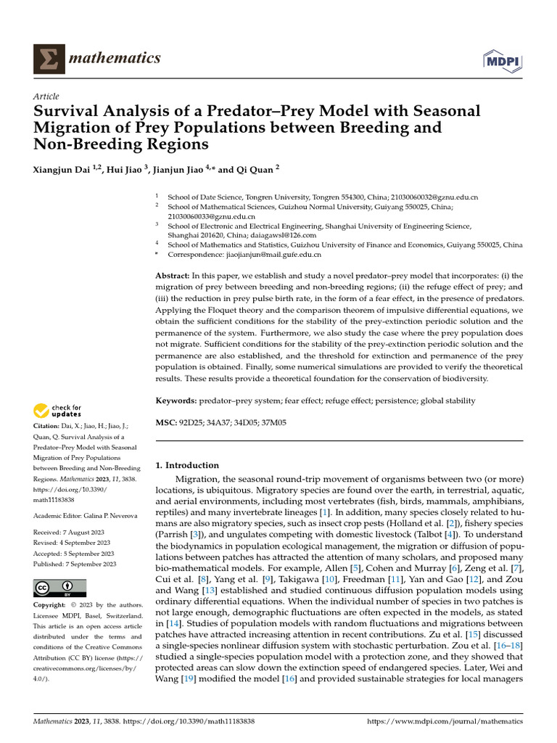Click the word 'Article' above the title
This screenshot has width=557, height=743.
(x=46, y=97)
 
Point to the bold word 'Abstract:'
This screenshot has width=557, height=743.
(x=173, y=276)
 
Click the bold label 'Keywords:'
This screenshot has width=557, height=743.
(x=177, y=401)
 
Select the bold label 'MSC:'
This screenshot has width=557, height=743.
(x=166, y=422)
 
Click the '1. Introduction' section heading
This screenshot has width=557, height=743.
(x=187, y=465)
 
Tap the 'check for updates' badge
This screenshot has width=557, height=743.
(x=57, y=412)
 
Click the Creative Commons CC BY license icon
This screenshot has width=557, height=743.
(x=59, y=588)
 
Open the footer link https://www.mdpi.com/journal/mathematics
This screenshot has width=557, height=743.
(x=445, y=722)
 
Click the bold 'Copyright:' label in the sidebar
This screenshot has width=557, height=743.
(x=51, y=605)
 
